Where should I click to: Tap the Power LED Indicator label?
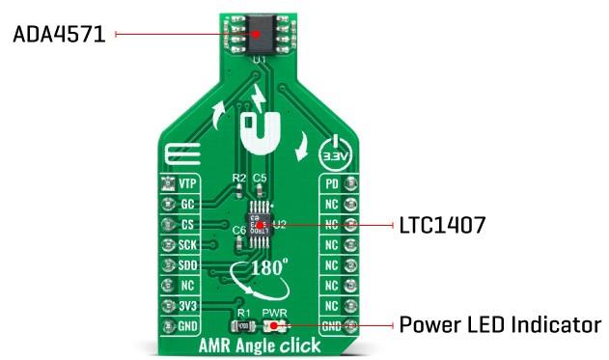501,325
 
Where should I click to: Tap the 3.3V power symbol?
331,152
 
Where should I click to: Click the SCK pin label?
187,245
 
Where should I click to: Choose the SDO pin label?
187,265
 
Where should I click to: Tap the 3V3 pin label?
187,306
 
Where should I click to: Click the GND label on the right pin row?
329,326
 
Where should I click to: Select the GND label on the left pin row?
187,326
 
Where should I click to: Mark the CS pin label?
187,225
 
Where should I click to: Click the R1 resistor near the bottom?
245,326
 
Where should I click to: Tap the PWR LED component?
274,326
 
